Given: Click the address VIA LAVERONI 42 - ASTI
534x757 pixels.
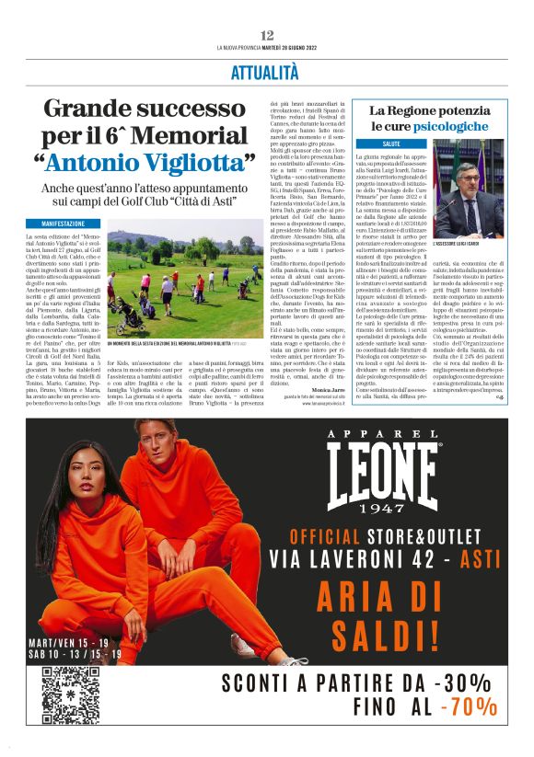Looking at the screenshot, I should click(387, 559).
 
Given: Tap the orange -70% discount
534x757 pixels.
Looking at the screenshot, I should click(470, 709).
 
